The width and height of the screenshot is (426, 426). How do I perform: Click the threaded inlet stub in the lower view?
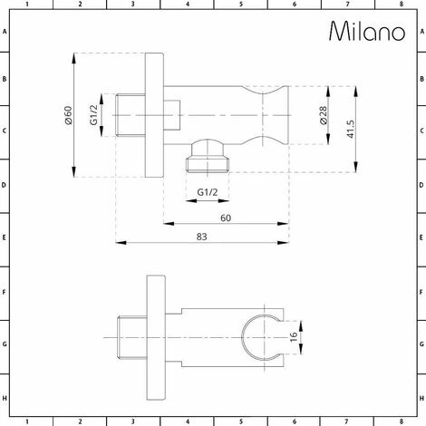[130, 334]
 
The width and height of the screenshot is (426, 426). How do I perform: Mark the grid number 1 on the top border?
[26, 5]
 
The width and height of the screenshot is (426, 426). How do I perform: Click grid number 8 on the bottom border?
[401, 421]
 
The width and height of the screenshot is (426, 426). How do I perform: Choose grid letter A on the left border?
[5, 31]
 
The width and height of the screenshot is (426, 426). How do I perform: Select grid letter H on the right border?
[421, 400]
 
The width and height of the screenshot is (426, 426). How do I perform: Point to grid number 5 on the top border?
[240, 5]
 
